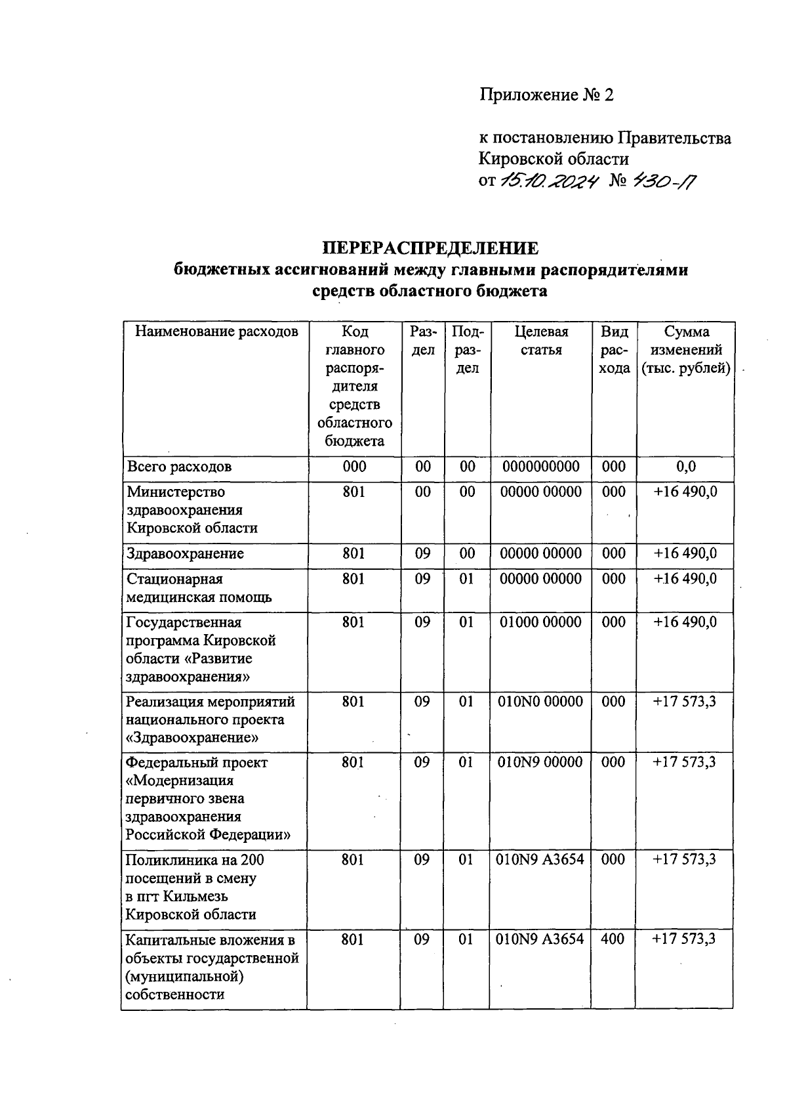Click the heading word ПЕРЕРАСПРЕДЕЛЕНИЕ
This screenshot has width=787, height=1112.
pos(430,249)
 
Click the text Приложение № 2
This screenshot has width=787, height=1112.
pos(547,95)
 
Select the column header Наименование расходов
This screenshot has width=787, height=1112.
pos(216,332)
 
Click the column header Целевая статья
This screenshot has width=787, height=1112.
pos(541,341)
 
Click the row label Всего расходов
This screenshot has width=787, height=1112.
pos(179,467)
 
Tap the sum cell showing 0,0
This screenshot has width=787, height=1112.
pos(685,467)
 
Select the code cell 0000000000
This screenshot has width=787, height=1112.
pos(541,467)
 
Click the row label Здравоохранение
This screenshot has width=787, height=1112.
pos(185,553)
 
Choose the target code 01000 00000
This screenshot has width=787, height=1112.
pos(541,622)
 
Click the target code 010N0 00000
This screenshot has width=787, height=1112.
pos(541,702)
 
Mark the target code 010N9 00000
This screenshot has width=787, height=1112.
pos(541,762)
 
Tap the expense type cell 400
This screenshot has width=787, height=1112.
pos(613,939)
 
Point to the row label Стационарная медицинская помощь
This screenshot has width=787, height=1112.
pos(199,588)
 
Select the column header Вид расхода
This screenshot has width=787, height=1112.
pos(615,350)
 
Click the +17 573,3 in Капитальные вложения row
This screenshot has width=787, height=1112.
pos(684,939)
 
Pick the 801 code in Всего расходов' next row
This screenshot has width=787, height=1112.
pos(354,492)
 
